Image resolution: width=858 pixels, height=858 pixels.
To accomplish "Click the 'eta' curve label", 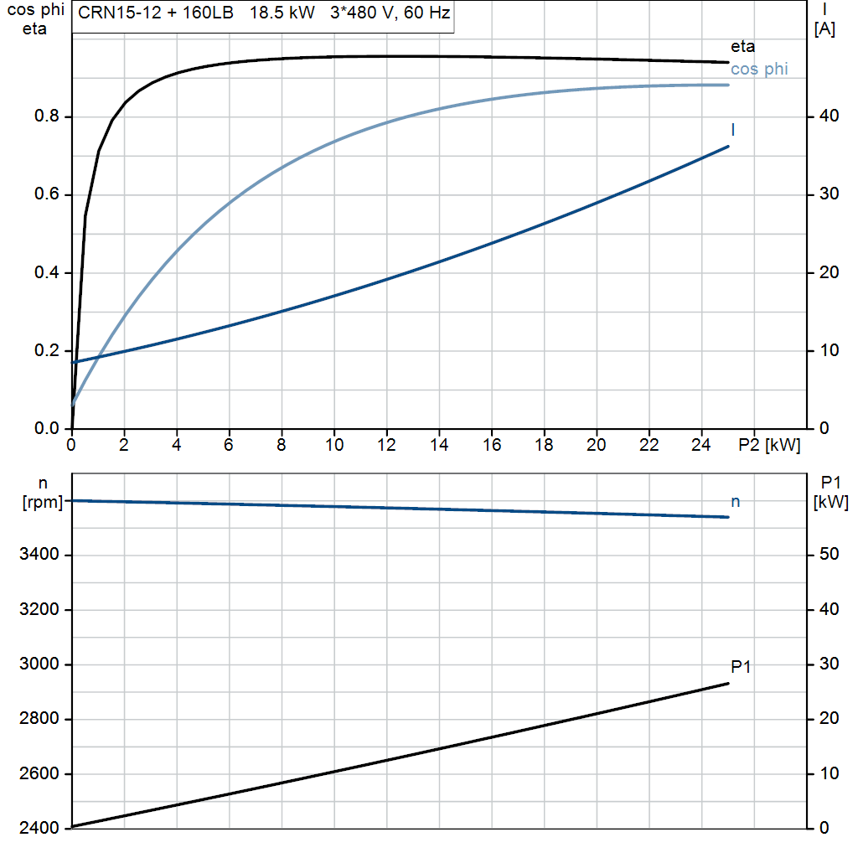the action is point(742,47).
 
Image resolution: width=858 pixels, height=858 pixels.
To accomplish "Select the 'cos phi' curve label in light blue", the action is point(759,69).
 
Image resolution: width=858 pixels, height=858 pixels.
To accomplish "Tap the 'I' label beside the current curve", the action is point(732,130).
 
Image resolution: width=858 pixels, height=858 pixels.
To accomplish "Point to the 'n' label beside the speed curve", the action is point(736,502).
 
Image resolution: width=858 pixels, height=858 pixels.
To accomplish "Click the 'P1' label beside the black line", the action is point(741,666).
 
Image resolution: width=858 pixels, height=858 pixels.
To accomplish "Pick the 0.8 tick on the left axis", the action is point(47,116).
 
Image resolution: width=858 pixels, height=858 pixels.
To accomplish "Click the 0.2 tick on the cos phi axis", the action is point(47,350).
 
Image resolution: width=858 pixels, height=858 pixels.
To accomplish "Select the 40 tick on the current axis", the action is point(829,116).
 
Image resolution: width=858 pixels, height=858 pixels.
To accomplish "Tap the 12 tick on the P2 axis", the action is point(386,444).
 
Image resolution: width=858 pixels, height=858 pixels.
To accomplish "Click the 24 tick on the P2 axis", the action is point(701,444).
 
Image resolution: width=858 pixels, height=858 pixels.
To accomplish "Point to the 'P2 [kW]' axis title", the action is point(769,445).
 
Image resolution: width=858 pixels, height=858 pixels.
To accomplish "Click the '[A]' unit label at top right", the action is point(824,29).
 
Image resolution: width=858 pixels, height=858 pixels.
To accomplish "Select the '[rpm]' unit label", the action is point(43,503).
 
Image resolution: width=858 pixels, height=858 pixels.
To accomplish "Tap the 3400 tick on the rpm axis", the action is point(39,555).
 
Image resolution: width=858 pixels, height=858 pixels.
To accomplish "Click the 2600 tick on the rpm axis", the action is point(39,773).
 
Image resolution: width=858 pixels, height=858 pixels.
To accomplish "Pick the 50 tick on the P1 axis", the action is point(829,555).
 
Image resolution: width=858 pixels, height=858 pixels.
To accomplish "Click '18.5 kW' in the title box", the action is point(282,13).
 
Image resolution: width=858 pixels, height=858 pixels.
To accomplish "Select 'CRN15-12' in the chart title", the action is point(120,13).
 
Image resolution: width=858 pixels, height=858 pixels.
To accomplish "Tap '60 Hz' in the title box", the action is point(426,13).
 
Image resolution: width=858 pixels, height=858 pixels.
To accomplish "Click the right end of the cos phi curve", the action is point(728,85).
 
